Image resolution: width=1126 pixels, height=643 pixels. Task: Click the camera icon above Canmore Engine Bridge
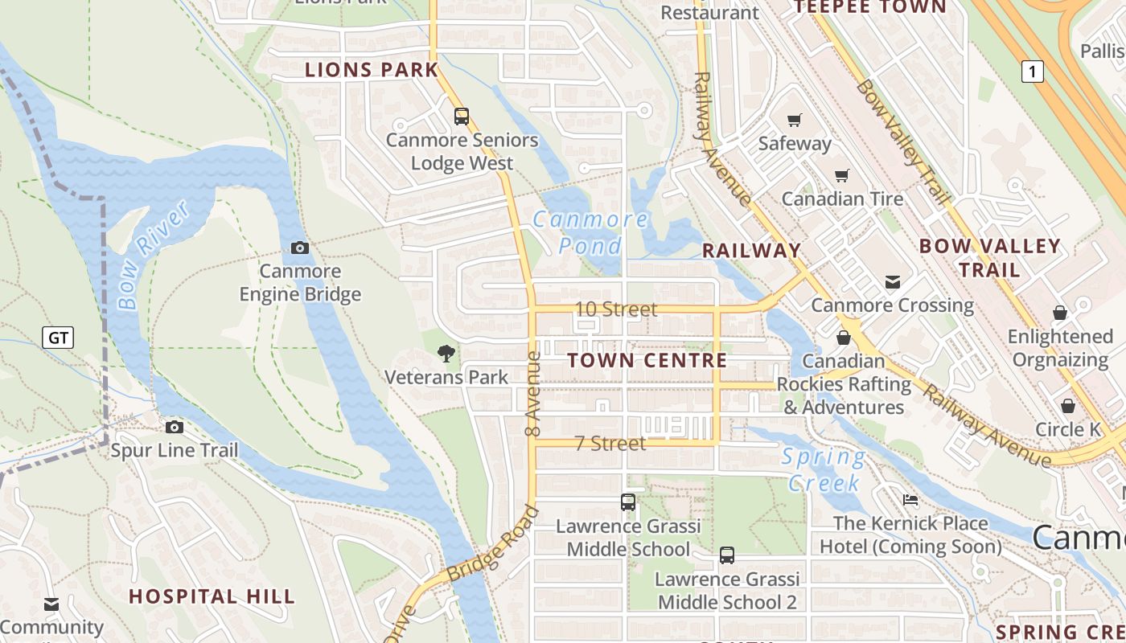[300, 248]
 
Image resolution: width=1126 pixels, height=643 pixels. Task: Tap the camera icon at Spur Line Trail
[175, 427]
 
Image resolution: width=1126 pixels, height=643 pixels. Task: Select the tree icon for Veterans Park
[446, 354]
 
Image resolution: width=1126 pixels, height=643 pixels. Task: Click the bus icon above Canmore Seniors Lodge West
[461, 117]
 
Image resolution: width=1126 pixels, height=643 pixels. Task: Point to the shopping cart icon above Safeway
[795, 120]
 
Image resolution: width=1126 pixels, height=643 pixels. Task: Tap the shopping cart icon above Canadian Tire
[842, 175]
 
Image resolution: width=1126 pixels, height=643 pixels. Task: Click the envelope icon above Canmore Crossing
[892, 282]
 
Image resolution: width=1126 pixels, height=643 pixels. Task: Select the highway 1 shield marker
[1033, 72]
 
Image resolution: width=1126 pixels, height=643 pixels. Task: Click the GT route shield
[58, 338]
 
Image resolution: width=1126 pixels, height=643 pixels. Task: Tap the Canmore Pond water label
[590, 231]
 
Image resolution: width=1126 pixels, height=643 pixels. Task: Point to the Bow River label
[152, 256]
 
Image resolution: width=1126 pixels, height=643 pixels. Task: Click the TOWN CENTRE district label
[647, 361]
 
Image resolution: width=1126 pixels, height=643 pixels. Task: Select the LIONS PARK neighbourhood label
[372, 70]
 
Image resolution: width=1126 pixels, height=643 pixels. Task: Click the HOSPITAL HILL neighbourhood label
[212, 596]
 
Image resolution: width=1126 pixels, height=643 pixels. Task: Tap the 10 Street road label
[616, 309]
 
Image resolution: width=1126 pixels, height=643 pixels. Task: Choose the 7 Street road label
[610, 444]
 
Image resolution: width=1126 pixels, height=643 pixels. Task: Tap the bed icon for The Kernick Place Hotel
[910, 500]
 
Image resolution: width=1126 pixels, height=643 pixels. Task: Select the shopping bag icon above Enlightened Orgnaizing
[1059, 313]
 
